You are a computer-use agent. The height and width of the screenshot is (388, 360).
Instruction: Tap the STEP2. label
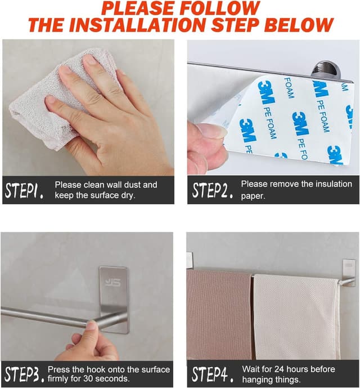coord(213,190)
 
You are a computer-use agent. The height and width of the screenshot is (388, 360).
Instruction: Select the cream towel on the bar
coord(296,315)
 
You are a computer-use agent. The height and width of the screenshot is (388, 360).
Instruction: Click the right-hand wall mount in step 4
coord(349,272)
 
